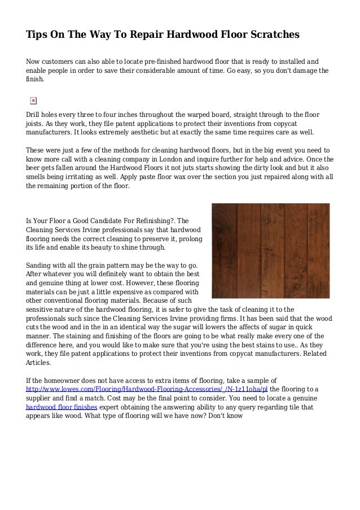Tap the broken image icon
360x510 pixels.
click(33, 100)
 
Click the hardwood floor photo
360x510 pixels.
click(270, 250)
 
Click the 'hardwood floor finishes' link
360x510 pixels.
click(62, 407)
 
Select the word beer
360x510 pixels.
click(34, 168)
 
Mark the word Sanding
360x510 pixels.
click(40, 265)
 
